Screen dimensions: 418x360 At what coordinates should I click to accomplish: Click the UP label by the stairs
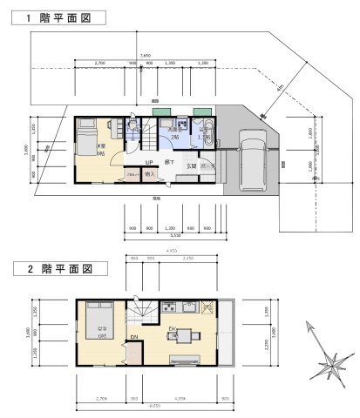(149, 162)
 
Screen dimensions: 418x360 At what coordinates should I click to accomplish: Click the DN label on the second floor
(134, 335)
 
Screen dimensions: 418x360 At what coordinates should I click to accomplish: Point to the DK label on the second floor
(172, 328)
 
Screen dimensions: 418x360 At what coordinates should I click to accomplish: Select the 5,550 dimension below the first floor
(174, 235)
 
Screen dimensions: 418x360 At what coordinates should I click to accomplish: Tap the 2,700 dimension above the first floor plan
(99, 63)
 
